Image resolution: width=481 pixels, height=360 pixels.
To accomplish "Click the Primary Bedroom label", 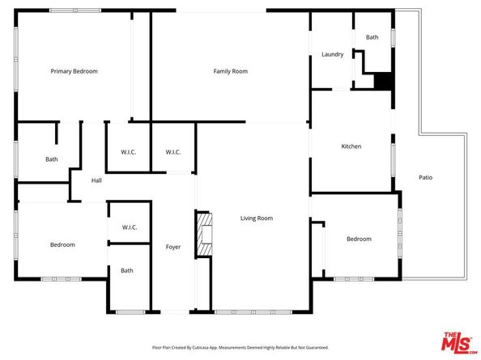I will [74, 71].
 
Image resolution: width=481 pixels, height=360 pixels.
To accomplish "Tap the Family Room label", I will [230, 71].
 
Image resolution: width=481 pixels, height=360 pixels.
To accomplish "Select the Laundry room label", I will [332, 54].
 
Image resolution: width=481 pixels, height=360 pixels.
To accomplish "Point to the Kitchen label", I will [351, 146].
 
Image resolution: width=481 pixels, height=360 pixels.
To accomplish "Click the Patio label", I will [425, 176].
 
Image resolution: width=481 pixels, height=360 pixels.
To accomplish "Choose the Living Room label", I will [256, 218].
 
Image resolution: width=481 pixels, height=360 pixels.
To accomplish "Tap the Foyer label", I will [173, 246].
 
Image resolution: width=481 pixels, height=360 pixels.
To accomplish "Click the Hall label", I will [96, 180].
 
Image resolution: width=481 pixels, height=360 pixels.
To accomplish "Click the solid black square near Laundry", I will [382, 82].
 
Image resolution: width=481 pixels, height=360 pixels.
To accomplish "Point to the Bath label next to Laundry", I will [372, 37].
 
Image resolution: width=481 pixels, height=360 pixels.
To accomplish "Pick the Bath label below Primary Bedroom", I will [52, 159].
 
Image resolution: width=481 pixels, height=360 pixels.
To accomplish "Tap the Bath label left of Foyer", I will [127, 270].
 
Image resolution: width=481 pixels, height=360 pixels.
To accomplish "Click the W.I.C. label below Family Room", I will [172, 152].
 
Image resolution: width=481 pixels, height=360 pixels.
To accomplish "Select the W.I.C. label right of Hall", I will [128, 152].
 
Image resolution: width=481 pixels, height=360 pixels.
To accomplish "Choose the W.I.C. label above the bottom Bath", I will [129, 227].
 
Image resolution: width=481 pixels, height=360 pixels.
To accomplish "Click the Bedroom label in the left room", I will [62, 244].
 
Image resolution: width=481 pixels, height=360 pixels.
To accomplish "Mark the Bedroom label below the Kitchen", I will [359, 239].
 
